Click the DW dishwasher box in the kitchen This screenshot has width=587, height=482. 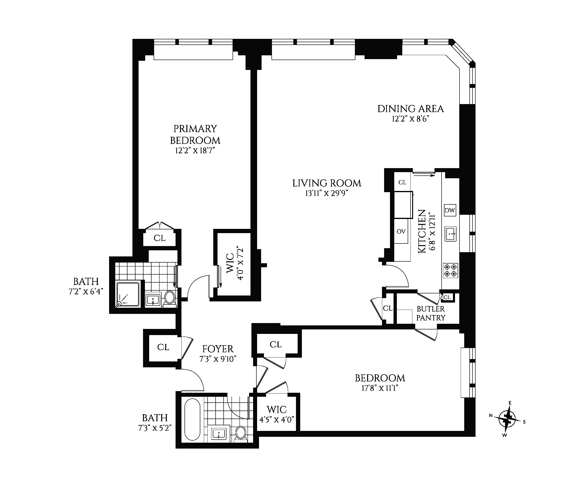pos(450,210)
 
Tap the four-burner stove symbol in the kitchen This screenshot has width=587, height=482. pos(450,270)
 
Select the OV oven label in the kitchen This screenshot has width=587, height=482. pos(401,231)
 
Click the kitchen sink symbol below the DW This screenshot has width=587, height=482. pos(450,234)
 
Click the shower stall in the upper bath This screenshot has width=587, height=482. pos(128,295)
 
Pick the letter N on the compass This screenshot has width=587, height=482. pos(491,415)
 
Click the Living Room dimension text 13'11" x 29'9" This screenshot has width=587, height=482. pos(326,193)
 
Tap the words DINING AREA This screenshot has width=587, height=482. pos(410,109)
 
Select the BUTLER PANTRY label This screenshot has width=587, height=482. pos(431,313)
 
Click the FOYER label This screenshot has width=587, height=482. pos(218,349)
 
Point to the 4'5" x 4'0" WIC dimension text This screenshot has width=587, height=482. pos(277,419)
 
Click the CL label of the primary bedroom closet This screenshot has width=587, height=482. pos(160,238)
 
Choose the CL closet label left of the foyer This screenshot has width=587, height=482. pos(163,347)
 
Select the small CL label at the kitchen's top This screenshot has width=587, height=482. pos(402,182)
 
